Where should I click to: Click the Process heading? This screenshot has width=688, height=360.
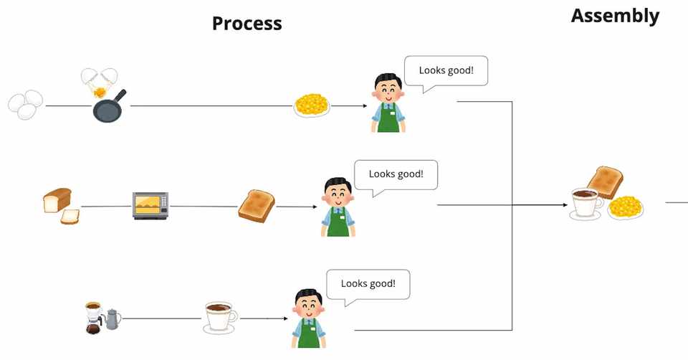click(247, 23)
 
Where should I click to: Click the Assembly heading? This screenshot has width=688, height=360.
click(615, 16)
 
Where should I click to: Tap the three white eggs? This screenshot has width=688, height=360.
click(26, 104)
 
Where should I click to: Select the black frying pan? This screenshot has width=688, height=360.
click(109, 107)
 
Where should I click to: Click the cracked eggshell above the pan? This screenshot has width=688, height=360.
click(100, 81)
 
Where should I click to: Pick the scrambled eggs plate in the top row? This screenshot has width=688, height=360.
click(312, 105)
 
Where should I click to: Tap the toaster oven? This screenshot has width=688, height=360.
click(150, 205)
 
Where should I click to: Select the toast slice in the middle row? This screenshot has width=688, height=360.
click(257, 206)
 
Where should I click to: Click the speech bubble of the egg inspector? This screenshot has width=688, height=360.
click(446, 73)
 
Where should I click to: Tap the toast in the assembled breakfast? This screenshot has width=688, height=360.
click(605, 181)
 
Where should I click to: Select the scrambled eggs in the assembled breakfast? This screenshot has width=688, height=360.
click(626, 207)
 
